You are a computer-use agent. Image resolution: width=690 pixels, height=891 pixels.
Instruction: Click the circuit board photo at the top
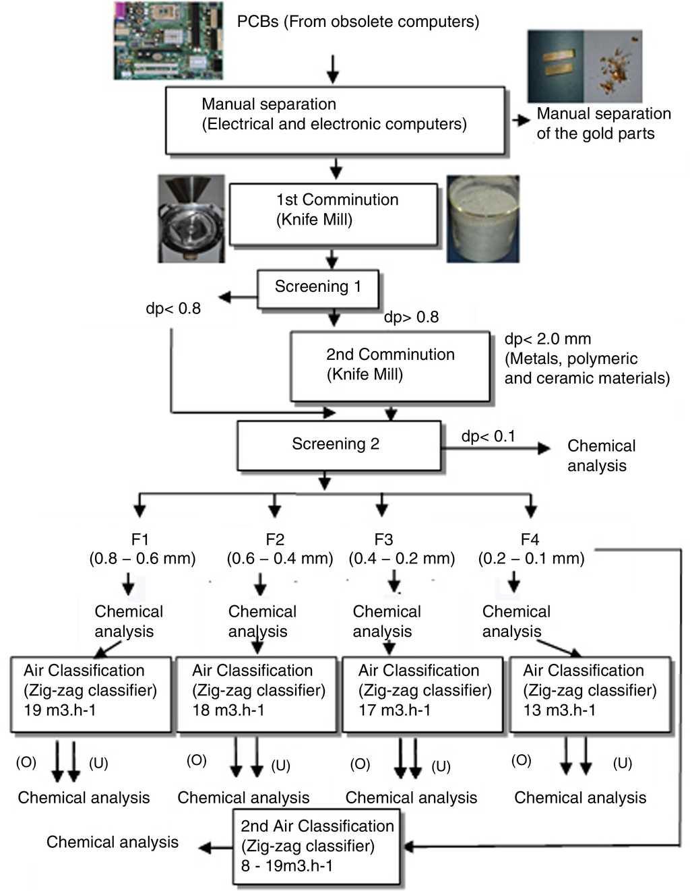167,40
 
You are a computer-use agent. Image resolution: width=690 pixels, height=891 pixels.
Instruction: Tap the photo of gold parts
584,65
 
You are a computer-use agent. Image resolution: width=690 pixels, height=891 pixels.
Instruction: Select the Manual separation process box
335,120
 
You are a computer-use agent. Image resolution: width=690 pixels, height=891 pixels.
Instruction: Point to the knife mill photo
191,219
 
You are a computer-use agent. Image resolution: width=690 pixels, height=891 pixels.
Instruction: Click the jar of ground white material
482,219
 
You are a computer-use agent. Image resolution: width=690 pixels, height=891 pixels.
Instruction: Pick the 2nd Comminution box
389,366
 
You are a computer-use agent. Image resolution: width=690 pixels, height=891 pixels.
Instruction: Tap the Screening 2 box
338,445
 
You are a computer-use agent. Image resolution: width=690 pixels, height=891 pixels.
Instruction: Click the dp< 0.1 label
488,437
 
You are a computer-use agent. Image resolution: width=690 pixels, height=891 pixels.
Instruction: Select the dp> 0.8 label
411,317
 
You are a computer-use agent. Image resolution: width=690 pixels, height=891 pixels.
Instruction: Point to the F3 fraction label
383,539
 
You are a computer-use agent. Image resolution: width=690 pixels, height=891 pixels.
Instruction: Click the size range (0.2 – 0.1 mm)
531,558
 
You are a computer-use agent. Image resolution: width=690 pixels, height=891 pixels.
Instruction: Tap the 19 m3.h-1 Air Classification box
91,694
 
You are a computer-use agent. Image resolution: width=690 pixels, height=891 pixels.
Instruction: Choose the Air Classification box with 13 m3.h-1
590,694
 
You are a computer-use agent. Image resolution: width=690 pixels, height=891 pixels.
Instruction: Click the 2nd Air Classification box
317,847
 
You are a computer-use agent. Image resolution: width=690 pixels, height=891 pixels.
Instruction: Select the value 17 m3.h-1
394,710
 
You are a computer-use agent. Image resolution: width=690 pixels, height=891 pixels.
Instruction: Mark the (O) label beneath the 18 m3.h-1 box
197,760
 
